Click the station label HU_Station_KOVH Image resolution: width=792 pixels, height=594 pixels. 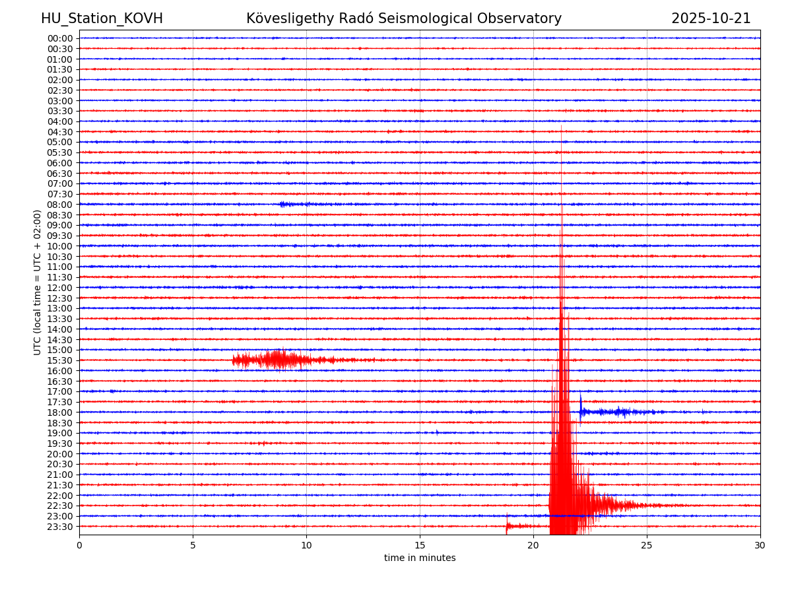click(x=102, y=19)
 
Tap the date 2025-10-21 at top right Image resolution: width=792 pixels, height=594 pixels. click(x=711, y=19)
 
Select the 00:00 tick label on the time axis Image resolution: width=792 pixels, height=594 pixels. click(x=60, y=38)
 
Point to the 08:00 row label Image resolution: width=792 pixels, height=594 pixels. click(x=60, y=205)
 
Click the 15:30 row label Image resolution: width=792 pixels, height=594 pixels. click(x=60, y=360)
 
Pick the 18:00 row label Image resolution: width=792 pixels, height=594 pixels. click(x=60, y=412)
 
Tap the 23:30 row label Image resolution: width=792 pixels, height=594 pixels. click(x=60, y=527)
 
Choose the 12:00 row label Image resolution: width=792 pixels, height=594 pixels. click(x=60, y=288)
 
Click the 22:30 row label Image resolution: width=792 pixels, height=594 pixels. click(x=60, y=506)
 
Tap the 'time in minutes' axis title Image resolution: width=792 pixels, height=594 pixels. click(x=420, y=558)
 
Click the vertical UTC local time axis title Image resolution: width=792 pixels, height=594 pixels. click(x=38, y=282)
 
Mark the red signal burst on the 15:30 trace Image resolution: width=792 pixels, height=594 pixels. click(x=277, y=360)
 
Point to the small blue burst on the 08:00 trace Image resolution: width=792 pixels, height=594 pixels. click(x=284, y=205)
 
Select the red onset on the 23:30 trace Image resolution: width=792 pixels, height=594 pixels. click(x=507, y=525)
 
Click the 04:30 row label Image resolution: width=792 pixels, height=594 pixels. click(x=60, y=132)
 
